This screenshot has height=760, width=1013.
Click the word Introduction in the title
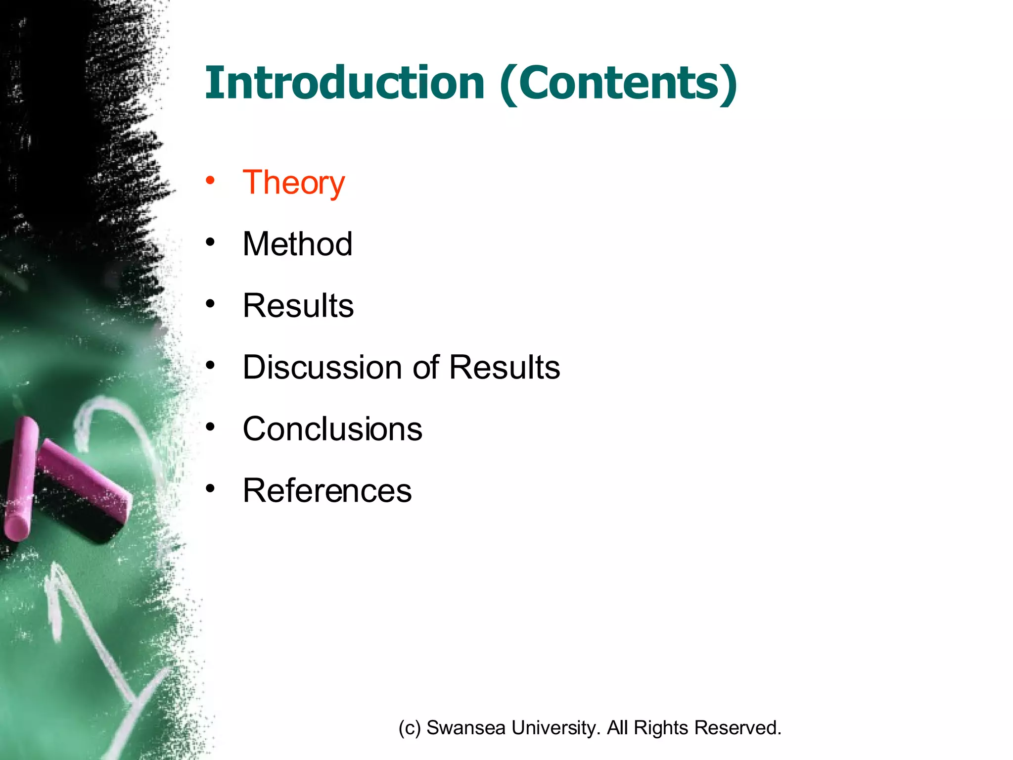[345, 83]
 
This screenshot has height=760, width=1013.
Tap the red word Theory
[293, 183]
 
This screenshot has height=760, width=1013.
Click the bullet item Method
[297, 244]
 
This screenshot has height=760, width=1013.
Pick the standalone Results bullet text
[298, 305]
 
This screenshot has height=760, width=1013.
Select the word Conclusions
[332, 428]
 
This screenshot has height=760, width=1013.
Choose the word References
[327, 490]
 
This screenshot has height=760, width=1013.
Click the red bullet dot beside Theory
[211, 180]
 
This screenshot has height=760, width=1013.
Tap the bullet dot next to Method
[211, 242]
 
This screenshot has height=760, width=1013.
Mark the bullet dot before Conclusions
[211, 427]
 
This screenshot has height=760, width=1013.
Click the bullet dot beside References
[211, 488]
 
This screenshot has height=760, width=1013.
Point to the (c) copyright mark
[410, 728]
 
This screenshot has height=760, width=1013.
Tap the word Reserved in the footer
[737, 728]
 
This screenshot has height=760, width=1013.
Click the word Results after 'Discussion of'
[505, 367]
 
